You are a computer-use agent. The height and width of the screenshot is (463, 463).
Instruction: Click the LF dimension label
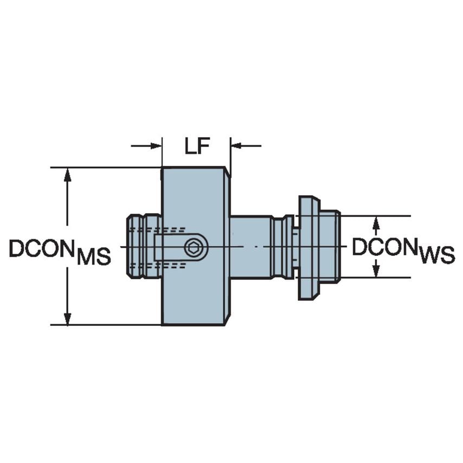pos(196,146)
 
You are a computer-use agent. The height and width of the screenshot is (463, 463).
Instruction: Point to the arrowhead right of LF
pos(237,146)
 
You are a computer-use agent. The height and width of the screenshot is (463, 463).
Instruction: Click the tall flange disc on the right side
pos(307,247)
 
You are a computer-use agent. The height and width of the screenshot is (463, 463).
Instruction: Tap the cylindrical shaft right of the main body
pos(250,247)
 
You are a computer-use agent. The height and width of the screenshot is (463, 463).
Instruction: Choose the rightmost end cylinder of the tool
pos(330,247)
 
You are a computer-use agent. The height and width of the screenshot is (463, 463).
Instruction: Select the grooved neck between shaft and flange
pos(282,247)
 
